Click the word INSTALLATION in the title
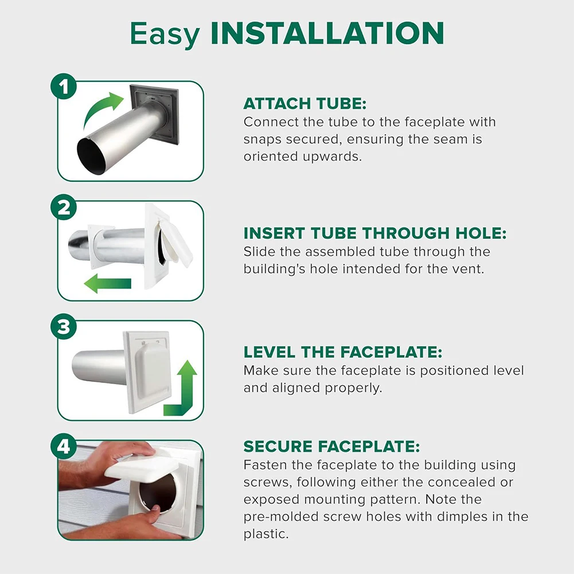tap(327, 34)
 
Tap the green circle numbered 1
tap(64, 88)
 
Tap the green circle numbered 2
tap(64, 208)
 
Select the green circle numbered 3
tap(64, 327)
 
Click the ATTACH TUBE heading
tap(304, 104)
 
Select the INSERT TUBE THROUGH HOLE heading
tap(375, 233)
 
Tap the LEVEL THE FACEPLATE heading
tap(343, 352)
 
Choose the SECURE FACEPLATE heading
tap(331, 447)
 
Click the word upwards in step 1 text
tap(331, 157)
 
